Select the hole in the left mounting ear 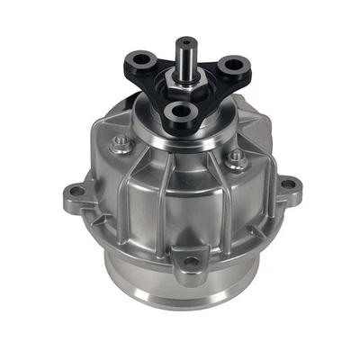click(75, 192)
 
